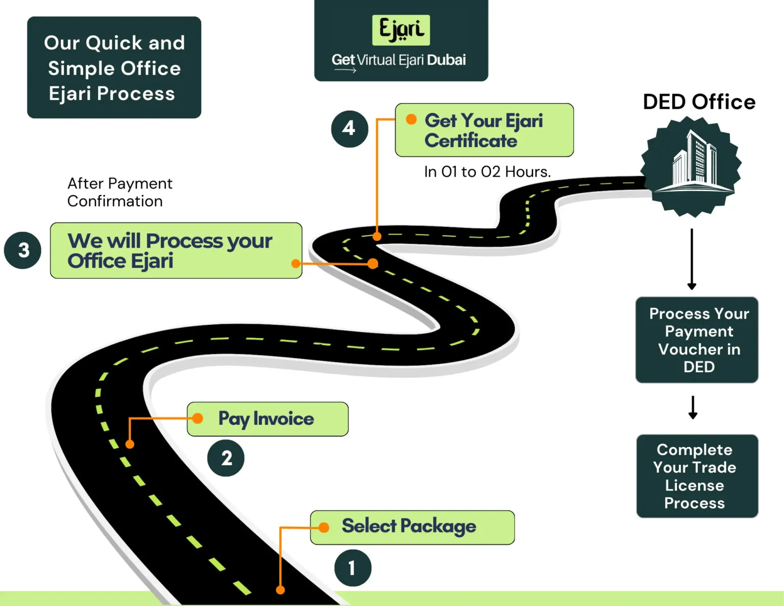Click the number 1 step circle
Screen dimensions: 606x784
click(x=353, y=568)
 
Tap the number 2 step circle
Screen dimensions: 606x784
click(x=226, y=458)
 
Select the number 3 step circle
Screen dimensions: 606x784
click(x=23, y=250)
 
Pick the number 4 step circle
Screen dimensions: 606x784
click(x=350, y=129)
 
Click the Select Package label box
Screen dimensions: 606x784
click(x=412, y=527)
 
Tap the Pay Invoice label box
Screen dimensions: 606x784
click(x=267, y=419)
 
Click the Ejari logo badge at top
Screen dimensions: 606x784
click(x=401, y=30)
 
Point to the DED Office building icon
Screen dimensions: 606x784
click(x=691, y=166)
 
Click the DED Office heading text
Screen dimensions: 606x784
click(x=699, y=102)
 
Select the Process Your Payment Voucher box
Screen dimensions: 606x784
click(x=697, y=340)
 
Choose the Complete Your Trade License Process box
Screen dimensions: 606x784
click(x=697, y=476)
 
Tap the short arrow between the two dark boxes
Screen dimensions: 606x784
click(x=693, y=408)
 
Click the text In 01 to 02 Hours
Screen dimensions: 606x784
click(x=487, y=172)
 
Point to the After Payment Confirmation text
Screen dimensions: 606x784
click(x=120, y=192)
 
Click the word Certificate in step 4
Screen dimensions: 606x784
click(x=471, y=141)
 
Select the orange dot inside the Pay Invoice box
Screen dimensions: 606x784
click(x=198, y=418)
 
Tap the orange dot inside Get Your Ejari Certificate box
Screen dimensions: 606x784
click(x=411, y=119)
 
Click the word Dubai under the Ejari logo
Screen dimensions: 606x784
click(x=446, y=60)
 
